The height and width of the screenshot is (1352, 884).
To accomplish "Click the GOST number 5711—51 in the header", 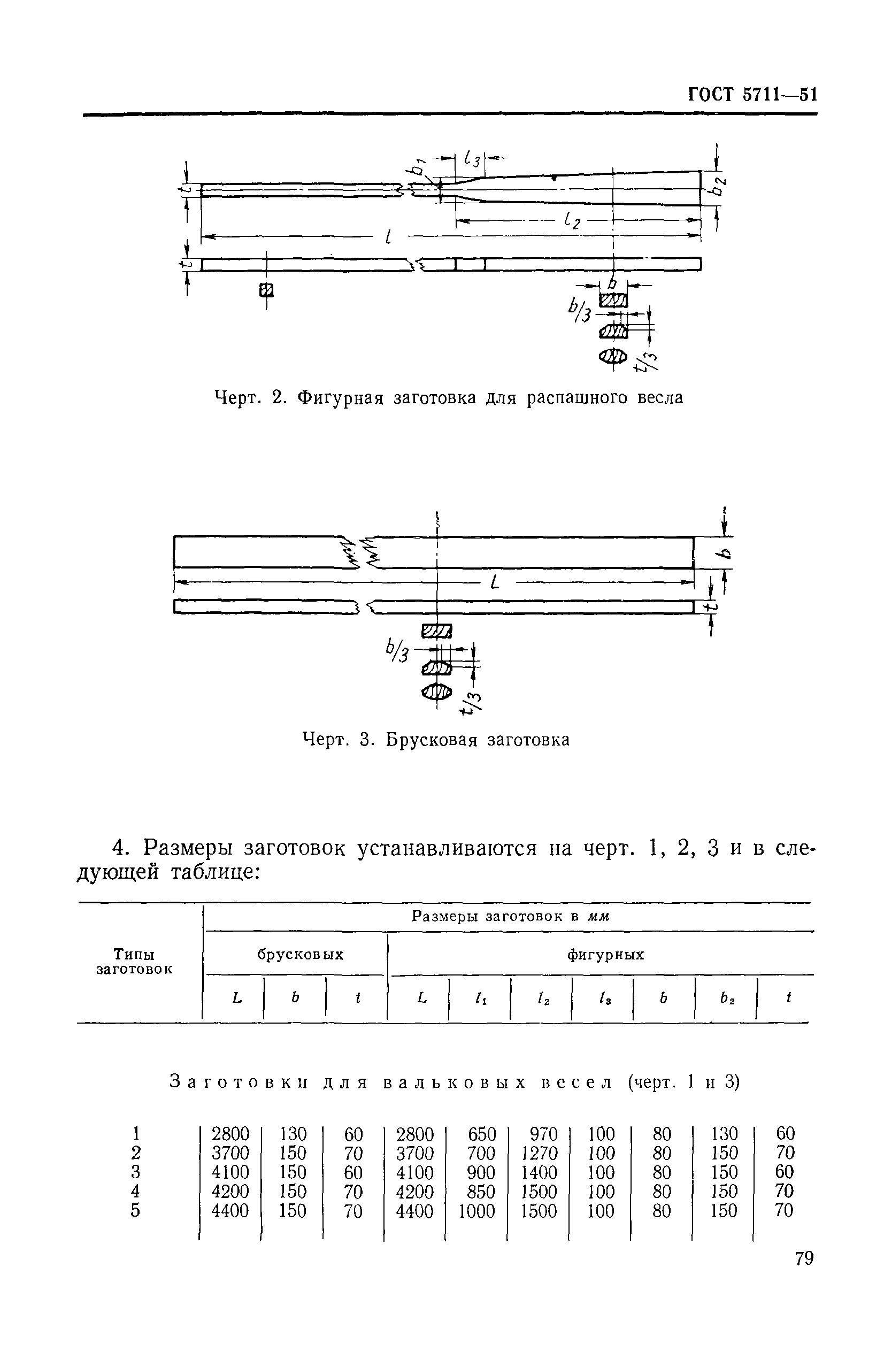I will [780, 94].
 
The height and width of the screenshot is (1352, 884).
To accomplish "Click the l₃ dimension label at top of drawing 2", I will [472, 158].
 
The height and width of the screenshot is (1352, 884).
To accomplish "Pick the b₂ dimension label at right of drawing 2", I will [719, 186].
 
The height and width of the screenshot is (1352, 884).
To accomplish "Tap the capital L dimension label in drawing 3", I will [494, 582].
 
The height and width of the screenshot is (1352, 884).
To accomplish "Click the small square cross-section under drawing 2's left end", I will [266, 290].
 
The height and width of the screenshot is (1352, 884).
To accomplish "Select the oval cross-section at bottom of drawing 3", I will [436, 692].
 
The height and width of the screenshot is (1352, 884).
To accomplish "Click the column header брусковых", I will [300, 954].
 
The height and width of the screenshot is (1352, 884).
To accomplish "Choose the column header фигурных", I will [605, 954].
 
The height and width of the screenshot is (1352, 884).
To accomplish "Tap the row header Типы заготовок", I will [134, 961].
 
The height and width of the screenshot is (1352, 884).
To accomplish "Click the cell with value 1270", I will [539, 1153].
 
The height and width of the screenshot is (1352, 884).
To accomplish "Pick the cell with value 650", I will [482, 1134].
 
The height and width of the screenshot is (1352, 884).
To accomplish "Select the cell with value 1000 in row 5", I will [476, 1211].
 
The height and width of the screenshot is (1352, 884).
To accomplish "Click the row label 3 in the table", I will [135, 1172].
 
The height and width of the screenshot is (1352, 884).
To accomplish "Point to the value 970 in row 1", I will [543, 1134].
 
